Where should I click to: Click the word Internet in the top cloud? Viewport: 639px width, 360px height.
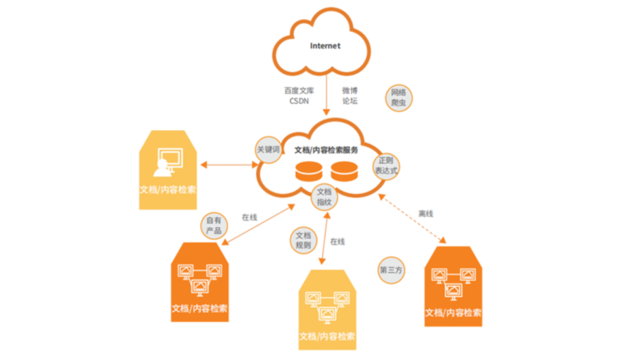[325, 46]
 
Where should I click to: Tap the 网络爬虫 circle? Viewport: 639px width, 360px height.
[399, 98]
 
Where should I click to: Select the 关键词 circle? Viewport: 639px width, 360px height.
[268, 150]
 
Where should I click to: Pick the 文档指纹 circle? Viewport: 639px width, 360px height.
[324, 197]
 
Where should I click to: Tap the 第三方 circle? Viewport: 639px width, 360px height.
[390, 269]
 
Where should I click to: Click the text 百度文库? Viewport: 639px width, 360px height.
[299, 91]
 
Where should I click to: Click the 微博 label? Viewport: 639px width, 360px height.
[350, 91]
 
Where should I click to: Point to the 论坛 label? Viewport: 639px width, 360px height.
[350, 101]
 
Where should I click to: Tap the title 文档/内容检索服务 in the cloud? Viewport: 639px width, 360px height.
[326, 150]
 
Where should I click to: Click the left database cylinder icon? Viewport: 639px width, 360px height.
[309, 172]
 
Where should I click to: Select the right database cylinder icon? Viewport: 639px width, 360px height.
[345, 172]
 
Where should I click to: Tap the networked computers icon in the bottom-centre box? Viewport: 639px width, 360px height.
[326, 304]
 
